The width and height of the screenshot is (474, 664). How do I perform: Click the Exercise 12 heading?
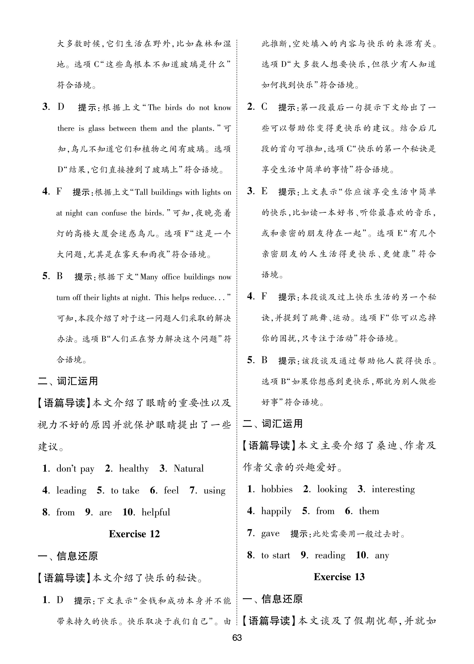tap(134, 534)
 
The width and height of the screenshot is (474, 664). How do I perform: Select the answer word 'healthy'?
tap(134, 469)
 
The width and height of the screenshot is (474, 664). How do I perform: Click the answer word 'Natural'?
tap(189, 469)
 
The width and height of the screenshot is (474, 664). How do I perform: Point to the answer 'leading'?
tap(72, 490)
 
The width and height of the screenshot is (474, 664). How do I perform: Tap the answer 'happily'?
tap(276, 511)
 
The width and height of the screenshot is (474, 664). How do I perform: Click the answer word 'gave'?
tap(270, 533)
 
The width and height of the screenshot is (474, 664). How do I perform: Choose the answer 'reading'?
tap(330, 555)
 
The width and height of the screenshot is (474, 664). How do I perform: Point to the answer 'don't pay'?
tap(75, 469)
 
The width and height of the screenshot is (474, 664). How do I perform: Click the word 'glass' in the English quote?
tap(96, 129)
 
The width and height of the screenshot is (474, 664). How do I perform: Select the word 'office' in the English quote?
tap(170, 277)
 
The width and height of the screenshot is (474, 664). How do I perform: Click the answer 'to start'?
tap(275, 555)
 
